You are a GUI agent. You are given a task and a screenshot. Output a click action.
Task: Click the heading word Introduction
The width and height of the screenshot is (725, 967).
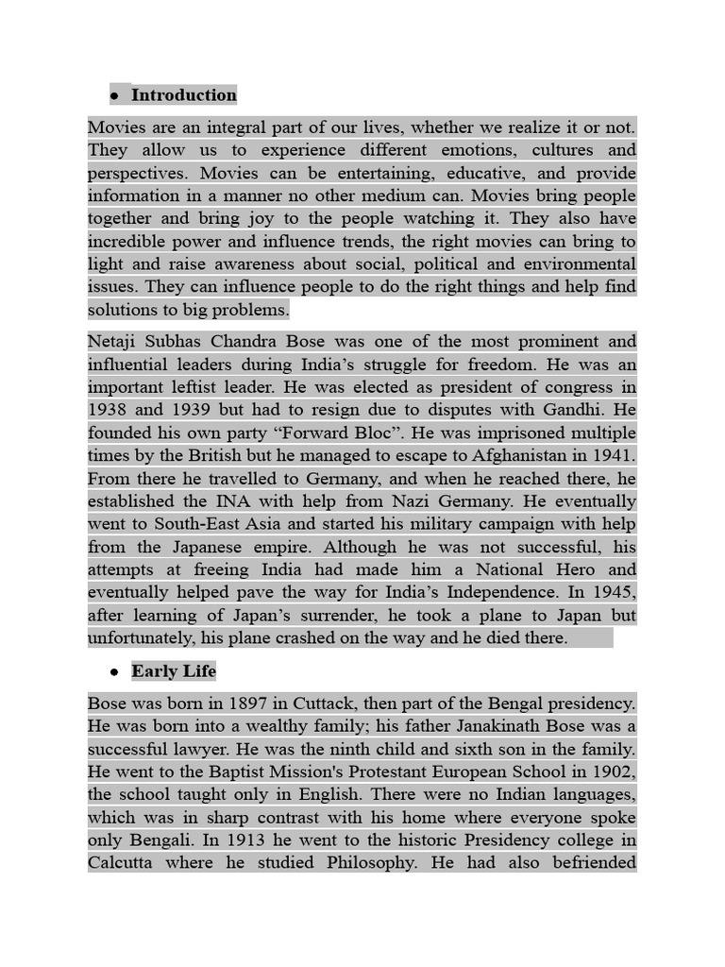184,94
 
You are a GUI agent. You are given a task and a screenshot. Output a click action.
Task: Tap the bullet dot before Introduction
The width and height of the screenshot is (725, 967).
113,95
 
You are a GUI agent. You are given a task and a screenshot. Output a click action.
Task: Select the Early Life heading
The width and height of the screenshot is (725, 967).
174,671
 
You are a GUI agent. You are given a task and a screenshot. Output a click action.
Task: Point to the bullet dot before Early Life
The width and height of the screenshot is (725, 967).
113,672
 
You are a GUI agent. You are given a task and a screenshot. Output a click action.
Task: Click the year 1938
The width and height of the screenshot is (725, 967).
110,409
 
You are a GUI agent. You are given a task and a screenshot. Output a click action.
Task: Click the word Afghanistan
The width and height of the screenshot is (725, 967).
514,455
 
